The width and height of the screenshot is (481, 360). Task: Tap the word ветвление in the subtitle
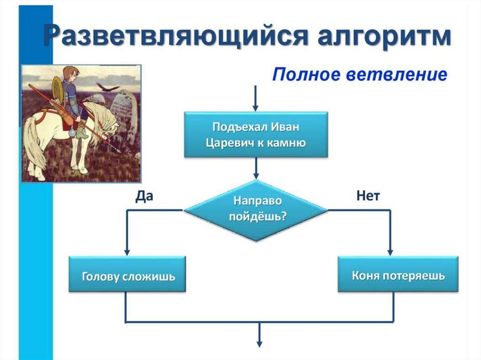tap(398, 74)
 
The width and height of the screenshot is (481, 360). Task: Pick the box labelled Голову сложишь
tap(127, 275)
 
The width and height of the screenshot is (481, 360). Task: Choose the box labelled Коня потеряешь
tap(398, 275)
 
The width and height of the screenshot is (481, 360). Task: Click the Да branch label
tap(144, 196)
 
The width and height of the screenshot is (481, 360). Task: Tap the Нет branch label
tap(368, 196)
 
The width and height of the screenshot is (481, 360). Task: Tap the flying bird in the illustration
tap(108, 87)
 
